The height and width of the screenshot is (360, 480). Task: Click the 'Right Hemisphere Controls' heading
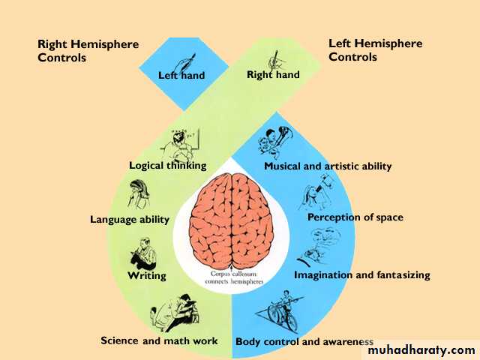click(88, 51)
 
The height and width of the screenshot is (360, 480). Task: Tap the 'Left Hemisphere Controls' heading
click(375, 50)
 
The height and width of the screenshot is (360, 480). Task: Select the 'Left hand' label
click(181, 75)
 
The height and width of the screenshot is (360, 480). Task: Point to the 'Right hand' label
click(273, 75)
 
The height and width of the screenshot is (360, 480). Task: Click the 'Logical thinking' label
click(168, 166)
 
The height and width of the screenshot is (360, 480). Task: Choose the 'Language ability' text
click(130, 220)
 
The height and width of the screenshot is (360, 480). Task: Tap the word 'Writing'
click(147, 275)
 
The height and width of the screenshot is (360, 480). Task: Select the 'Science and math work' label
click(159, 340)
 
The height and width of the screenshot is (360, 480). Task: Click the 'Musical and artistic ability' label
click(328, 166)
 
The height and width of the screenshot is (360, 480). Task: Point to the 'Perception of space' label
click(355, 217)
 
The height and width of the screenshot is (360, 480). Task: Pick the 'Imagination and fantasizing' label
click(362, 275)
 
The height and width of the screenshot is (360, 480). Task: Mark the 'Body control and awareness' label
click(304, 342)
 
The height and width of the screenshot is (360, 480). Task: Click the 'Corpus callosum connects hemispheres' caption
click(234, 277)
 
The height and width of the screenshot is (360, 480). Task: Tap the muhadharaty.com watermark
click(421, 350)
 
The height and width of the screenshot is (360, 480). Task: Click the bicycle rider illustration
click(279, 311)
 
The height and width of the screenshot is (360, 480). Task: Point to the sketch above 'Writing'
click(143, 253)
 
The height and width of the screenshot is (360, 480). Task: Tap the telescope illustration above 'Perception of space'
click(316, 192)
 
